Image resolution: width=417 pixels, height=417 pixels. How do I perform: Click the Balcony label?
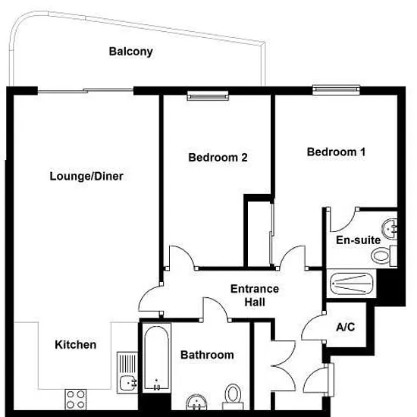[x=131, y=52]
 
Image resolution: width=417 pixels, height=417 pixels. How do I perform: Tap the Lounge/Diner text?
[x=86, y=177]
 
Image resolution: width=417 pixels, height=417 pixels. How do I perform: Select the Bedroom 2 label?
[x=218, y=158]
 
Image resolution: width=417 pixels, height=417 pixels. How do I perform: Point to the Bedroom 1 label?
[x=336, y=152]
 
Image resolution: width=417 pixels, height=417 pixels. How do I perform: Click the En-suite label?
[x=358, y=240]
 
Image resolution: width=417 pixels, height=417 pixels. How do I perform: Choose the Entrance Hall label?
[x=255, y=296]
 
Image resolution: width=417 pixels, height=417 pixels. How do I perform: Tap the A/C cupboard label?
[x=346, y=327]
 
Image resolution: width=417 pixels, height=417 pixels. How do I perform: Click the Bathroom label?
[x=207, y=355]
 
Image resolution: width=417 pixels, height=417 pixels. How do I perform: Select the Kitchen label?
[x=76, y=345]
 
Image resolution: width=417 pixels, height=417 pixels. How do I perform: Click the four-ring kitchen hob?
[x=76, y=400]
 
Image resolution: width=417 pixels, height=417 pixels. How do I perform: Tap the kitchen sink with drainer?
[x=127, y=372]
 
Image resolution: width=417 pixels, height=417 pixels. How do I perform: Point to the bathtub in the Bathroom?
[x=157, y=358]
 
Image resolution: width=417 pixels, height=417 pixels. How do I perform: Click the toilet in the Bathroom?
[x=234, y=397]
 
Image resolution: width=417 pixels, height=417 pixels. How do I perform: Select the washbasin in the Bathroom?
[x=196, y=402]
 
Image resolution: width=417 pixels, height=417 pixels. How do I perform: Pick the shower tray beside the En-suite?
[x=352, y=284]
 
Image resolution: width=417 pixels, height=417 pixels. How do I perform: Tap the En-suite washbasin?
[x=390, y=228]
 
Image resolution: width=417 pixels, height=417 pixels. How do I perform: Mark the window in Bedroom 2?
[x=208, y=96]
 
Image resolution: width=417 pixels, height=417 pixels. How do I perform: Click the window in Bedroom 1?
[x=336, y=90]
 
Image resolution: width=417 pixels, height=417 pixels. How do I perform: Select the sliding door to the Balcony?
[x=86, y=91]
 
